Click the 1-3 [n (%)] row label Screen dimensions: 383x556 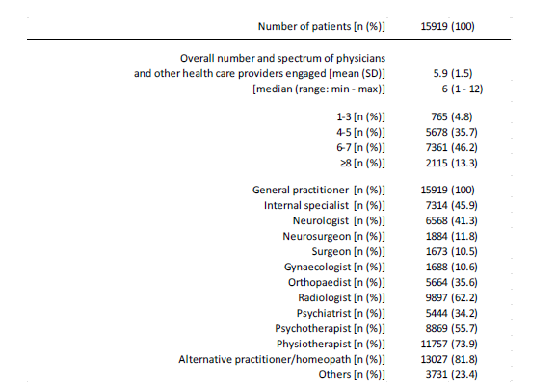pos(357,116)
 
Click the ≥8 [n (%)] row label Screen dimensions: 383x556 pos(360,163)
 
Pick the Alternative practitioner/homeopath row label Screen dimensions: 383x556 pos(281,359)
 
